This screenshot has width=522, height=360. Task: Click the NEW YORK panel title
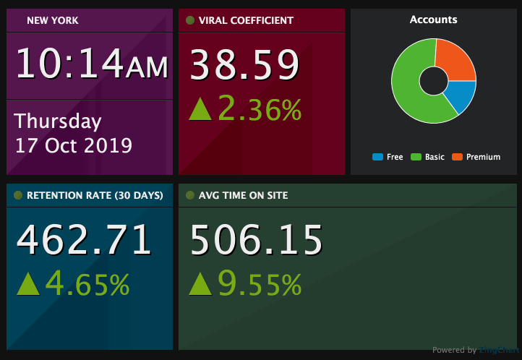[x=53, y=20]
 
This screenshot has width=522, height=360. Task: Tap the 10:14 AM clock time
[x=92, y=64]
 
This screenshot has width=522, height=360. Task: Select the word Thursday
[x=58, y=121]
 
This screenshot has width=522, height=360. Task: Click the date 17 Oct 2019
[x=74, y=145]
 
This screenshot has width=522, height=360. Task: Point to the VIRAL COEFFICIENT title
[x=246, y=20]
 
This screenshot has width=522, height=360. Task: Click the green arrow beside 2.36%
[x=200, y=109]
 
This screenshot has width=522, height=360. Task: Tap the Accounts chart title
[x=433, y=20]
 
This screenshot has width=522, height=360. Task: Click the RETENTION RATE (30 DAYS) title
[x=95, y=195]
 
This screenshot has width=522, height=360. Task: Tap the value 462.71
[x=85, y=240]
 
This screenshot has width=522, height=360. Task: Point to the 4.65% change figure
[x=87, y=284]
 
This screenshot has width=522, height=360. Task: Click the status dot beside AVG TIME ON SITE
[x=190, y=195]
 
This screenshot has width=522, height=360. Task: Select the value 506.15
[x=256, y=240]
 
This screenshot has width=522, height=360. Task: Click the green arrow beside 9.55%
[x=200, y=284]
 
